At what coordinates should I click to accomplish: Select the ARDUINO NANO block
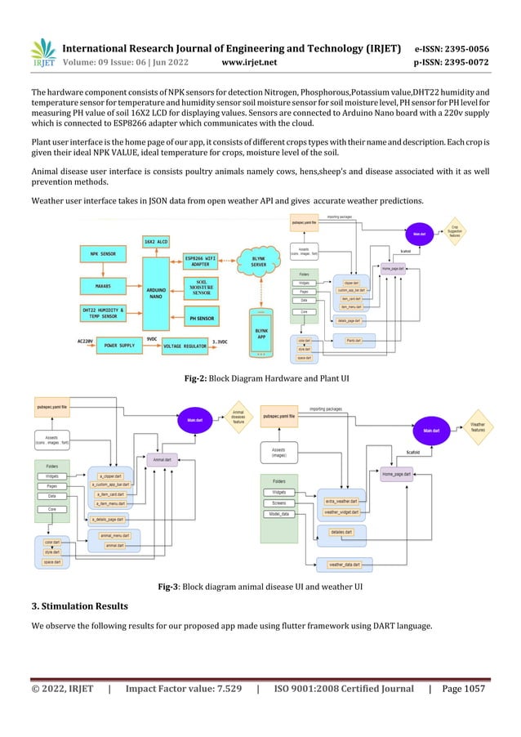[158, 291]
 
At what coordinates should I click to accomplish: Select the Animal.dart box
[163, 459]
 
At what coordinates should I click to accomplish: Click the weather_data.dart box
[350, 565]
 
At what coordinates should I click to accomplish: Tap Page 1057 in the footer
[463, 689]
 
